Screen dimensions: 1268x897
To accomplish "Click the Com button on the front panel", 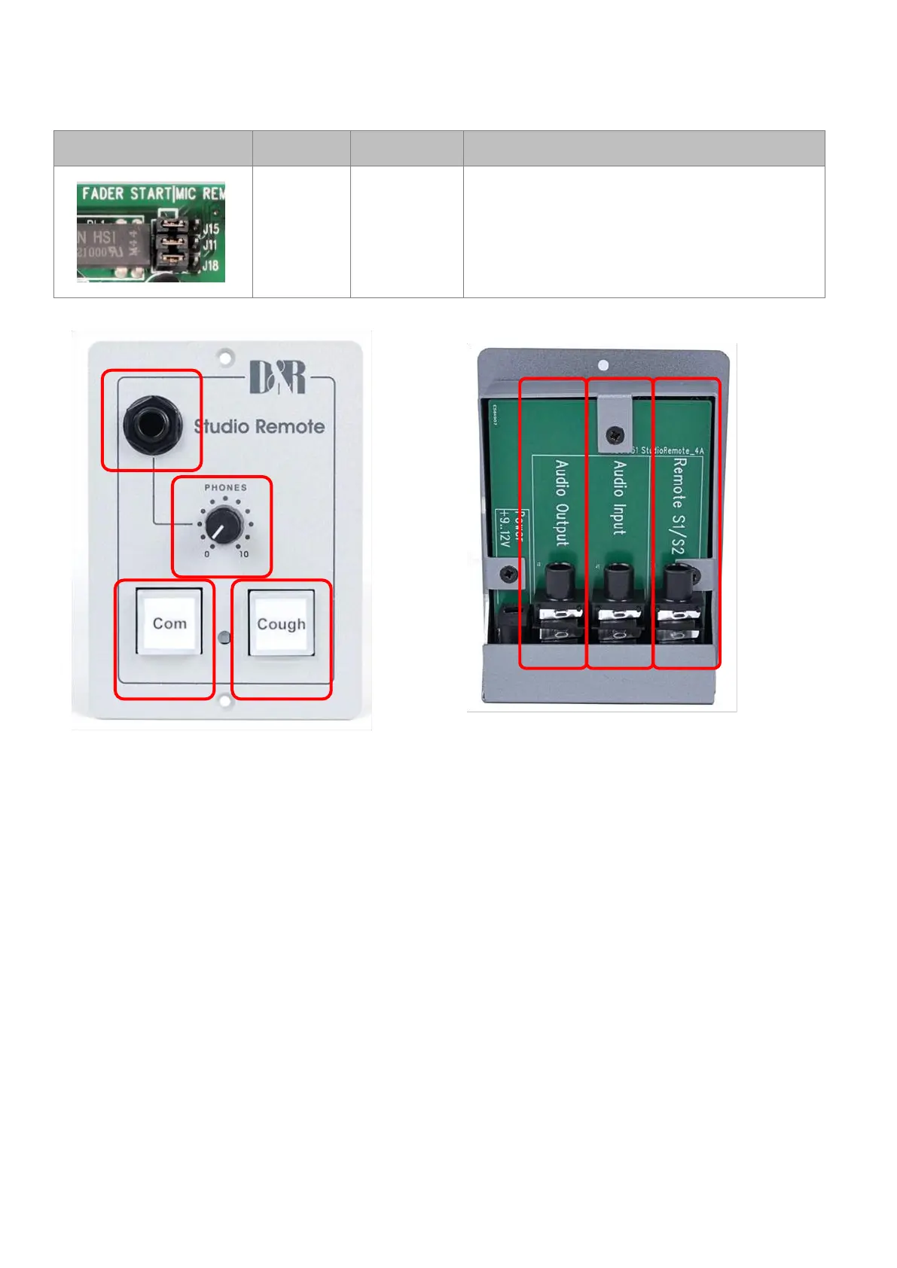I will click(169, 623).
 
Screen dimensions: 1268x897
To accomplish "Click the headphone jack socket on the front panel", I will click(152, 425).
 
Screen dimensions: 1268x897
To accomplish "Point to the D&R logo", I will click(277, 378).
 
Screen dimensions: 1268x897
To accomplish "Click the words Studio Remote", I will click(260, 426).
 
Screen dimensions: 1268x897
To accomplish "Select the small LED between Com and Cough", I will click(224, 639).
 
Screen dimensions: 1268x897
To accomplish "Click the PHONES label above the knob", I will click(225, 488).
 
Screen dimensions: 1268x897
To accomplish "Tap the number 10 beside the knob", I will click(243, 554).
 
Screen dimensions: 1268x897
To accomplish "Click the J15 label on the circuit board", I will click(211, 228).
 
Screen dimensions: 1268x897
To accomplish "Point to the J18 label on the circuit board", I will click(210, 265).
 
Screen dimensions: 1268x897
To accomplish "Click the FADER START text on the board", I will click(127, 194).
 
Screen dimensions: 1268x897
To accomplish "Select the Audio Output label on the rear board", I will click(562, 502).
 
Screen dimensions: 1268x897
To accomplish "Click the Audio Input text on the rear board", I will click(619, 497).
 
